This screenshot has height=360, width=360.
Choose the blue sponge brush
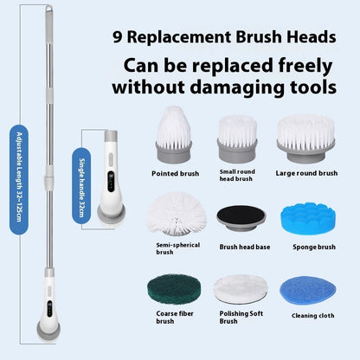click(x=305, y=215)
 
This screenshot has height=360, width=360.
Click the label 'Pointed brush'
click(x=176, y=173)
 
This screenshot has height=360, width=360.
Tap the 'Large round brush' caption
click(x=307, y=173)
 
